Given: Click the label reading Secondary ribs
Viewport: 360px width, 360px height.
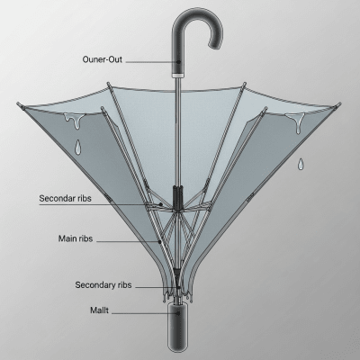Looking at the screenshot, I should (x=103, y=285).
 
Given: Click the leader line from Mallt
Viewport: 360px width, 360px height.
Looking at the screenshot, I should (x=144, y=312).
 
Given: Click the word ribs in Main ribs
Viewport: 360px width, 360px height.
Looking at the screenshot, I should (x=112, y=239).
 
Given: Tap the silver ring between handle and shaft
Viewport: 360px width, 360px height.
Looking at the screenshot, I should (x=178, y=75).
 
